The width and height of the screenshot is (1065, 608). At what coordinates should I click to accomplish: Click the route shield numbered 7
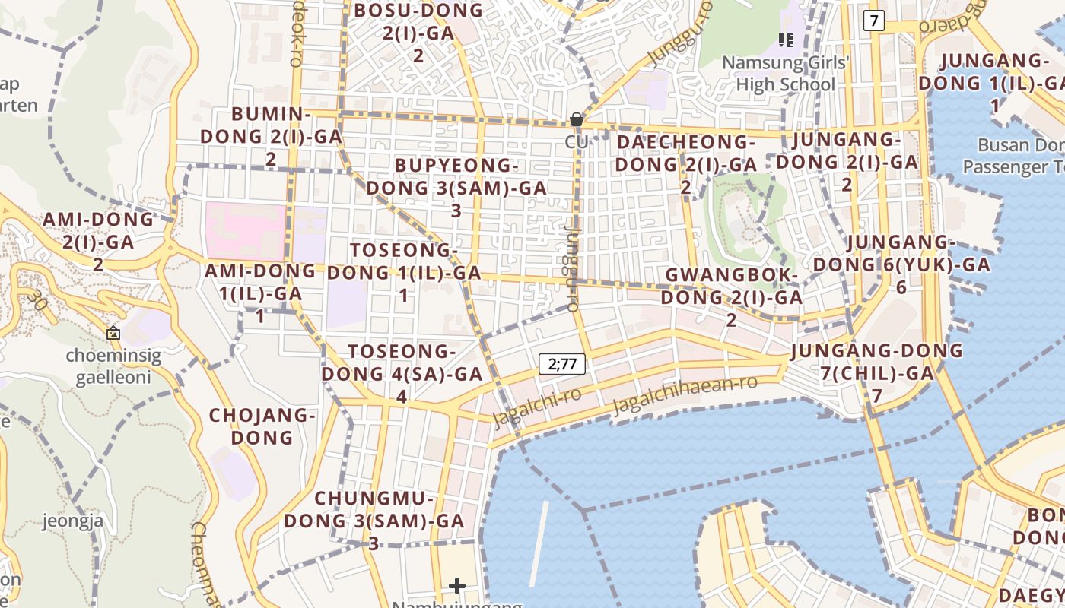tap(874, 21)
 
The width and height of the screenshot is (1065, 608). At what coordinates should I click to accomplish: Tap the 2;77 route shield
tap(562, 364)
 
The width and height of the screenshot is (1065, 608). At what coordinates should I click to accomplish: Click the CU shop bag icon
tap(577, 119)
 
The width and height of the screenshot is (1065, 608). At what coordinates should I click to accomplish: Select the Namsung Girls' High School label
tap(785, 73)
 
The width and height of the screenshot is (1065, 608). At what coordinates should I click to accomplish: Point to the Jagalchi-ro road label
tap(537, 407)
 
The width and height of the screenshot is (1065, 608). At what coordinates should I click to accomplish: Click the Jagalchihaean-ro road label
tap(685, 394)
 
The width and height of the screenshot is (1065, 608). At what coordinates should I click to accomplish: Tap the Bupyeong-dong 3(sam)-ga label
tap(456, 187)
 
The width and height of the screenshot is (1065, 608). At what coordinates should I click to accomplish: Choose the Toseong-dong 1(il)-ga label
tap(404, 272)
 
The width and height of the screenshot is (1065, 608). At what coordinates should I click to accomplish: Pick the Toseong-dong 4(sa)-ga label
tap(402, 373)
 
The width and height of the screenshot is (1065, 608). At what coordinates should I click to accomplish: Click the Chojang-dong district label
tap(262, 426)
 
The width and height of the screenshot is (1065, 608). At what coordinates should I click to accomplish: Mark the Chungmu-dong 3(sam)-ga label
tap(374, 521)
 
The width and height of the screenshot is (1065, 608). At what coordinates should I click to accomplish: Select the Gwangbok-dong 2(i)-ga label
tap(731, 296)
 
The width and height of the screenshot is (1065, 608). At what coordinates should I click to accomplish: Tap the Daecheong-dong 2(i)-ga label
tap(685, 163)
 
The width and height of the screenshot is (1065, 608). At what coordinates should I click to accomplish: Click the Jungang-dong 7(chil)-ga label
tap(876, 372)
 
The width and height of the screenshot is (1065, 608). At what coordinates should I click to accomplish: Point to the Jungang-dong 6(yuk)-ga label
tap(901, 264)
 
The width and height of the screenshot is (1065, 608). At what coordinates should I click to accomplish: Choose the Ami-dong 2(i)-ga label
tap(98, 241)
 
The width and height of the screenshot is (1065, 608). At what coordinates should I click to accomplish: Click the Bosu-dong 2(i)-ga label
tap(418, 32)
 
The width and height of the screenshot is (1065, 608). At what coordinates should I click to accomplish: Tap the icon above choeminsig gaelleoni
tap(113, 332)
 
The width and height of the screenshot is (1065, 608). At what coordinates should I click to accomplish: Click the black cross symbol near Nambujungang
tap(457, 585)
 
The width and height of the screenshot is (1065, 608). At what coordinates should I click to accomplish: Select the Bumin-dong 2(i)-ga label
tap(271, 136)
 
